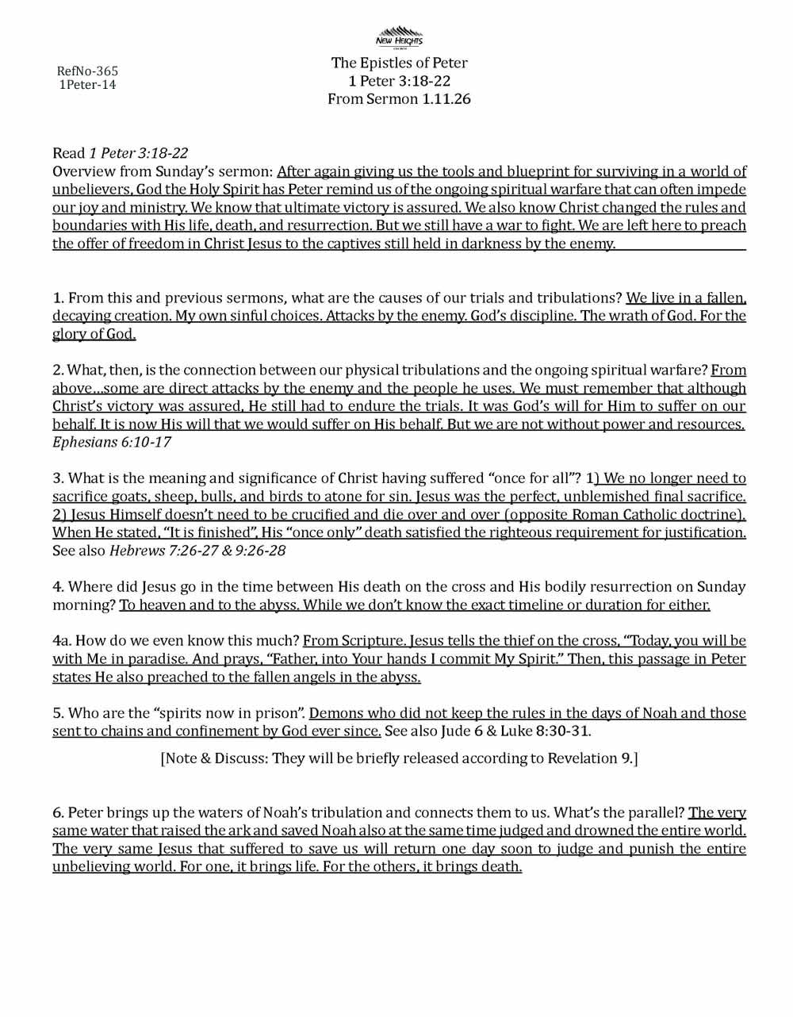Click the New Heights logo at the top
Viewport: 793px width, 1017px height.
(x=399, y=36)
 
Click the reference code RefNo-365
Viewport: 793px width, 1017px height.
(x=87, y=71)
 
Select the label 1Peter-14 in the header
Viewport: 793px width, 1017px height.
(x=87, y=85)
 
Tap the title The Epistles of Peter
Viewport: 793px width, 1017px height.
(x=399, y=63)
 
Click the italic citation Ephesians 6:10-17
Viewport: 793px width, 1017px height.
(x=112, y=442)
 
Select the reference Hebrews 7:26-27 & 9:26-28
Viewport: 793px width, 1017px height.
(x=197, y=551)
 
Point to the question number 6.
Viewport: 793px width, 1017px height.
(x=58, y=813)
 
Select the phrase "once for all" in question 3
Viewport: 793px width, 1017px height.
(x=536, y=478)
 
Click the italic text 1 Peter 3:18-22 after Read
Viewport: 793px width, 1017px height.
(x=139, y=153)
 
